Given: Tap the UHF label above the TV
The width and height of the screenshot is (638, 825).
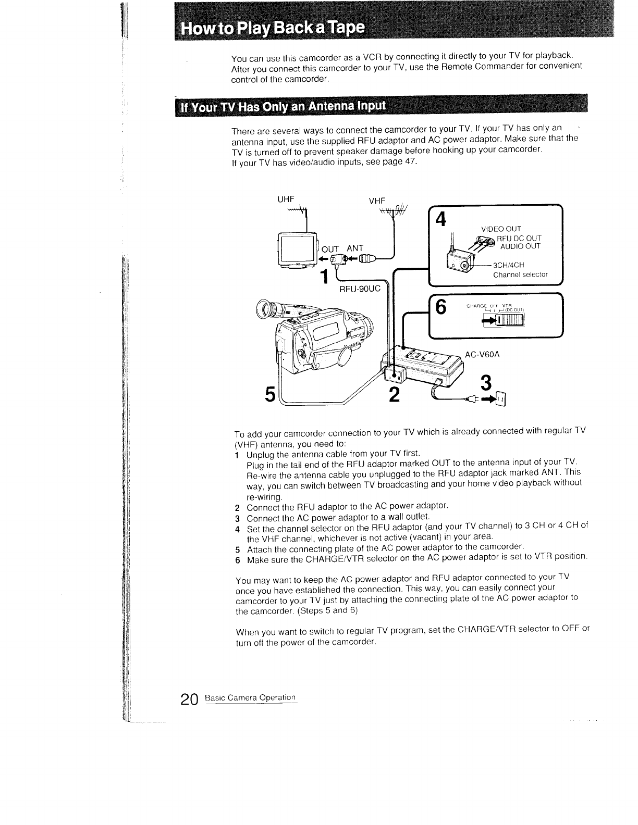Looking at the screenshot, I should pos(287,199).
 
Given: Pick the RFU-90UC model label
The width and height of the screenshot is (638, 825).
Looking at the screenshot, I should pos(360,288).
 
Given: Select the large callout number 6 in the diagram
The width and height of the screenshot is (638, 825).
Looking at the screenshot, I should pos(441,308).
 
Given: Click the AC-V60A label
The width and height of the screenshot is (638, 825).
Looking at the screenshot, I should pos(483,355).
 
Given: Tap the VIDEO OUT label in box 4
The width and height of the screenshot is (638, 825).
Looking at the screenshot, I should pos(501,229).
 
